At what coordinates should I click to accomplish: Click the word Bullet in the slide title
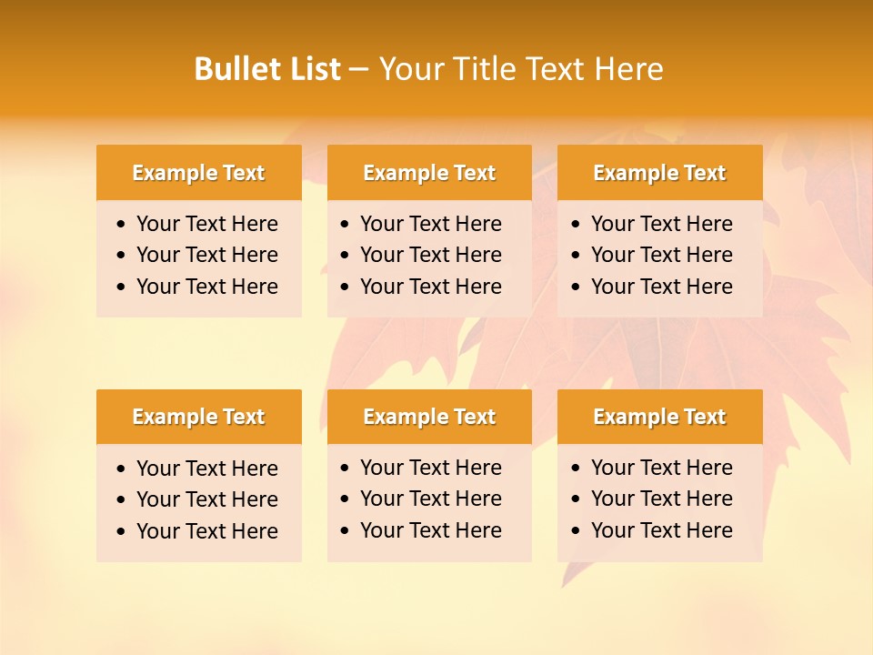[231, 69]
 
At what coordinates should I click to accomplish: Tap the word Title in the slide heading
[485, 69]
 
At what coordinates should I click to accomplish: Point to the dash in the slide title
[358, 70]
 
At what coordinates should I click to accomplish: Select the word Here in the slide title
[628, 69]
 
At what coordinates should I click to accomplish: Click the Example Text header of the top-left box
[198, 173]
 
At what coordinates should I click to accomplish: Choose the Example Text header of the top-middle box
[429, 173]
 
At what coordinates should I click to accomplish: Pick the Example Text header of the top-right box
[659, 173]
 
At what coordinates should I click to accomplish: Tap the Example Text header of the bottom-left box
[198, 417]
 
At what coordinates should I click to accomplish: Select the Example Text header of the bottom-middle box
[429, 417]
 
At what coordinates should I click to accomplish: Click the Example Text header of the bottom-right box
[659, 417]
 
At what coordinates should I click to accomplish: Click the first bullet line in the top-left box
[206, 224]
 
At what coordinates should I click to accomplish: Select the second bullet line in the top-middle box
[430, 255]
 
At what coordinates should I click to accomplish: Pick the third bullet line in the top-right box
[661, 287]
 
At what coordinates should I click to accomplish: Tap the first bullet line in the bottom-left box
[206, 469]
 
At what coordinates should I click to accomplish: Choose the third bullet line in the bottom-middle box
[430, 530]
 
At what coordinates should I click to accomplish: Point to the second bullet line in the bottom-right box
[661, 499]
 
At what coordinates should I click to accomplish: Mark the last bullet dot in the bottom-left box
[122, 532]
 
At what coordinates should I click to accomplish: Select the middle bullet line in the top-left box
[206, 255]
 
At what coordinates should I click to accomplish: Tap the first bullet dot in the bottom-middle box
[346, 469]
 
